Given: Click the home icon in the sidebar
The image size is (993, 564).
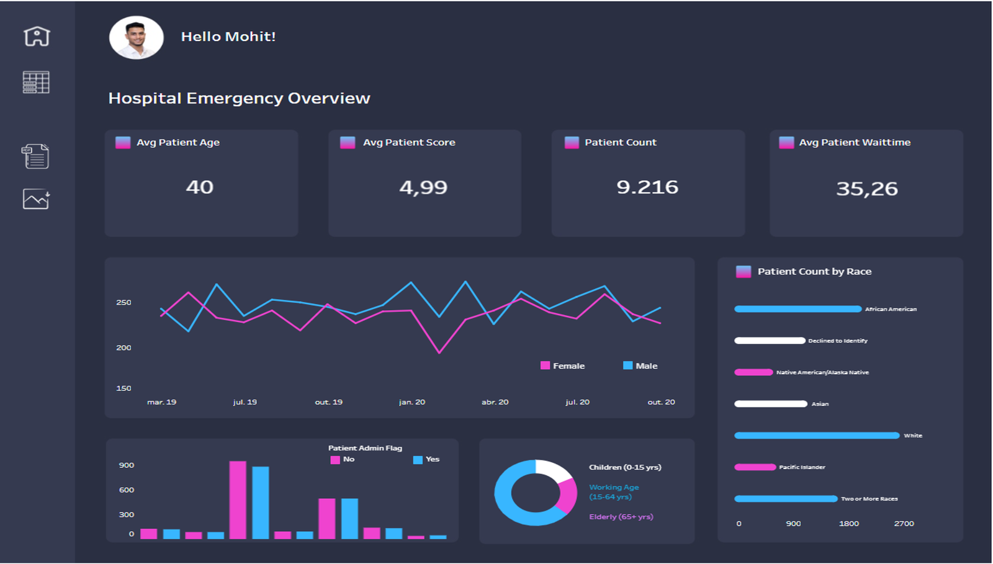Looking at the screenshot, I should coord(37,36).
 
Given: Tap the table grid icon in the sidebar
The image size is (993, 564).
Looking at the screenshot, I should coord(36,83).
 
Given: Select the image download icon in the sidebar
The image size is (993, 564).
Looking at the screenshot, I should coord(36,199).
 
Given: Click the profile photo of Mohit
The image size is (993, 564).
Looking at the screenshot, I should coord(137,38).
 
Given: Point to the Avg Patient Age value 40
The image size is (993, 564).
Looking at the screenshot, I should coord(200,187).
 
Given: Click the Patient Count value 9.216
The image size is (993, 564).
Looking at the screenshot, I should coord(647,187).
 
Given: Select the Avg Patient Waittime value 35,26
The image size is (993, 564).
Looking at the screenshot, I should coord(866,189).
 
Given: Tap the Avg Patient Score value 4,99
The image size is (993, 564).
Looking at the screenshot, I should coord(423,187).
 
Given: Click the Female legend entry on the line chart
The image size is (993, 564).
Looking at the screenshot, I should coord(563,366).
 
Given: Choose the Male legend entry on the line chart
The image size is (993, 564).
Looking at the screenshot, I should coord(640,366).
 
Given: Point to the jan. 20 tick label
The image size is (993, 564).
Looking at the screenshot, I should coord(412,402).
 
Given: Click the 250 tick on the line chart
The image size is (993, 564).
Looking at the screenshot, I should coord(124,302).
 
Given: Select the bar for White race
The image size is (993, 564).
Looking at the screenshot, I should coord(817,436).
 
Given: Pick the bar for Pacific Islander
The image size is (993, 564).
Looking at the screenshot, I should coord(755,467).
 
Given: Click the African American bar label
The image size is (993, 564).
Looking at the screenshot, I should coord(891,309).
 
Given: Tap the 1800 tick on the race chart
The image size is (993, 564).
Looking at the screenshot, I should coord(849,524).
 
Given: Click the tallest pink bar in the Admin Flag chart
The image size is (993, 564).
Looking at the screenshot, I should coord(238,499).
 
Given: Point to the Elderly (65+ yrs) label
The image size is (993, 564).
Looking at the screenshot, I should coord(621,517).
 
